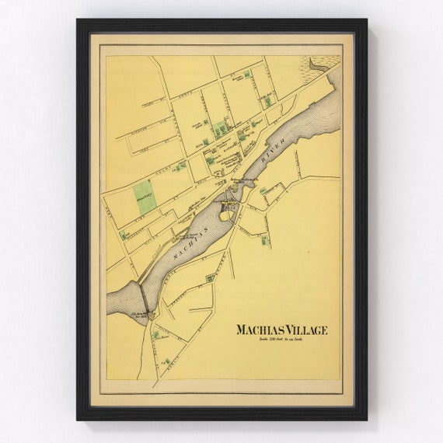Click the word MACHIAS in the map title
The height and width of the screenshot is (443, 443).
[x=259, y=330]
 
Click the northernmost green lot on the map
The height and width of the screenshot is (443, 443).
[x=247, y=74]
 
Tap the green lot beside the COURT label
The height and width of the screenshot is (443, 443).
[x=180, y=166]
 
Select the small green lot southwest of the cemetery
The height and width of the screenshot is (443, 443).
[x=124, y=235]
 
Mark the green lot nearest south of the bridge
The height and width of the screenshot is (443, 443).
[x=156, y=335]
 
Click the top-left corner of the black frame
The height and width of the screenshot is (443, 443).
[x=78, y=21]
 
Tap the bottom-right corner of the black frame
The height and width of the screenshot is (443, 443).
[x=365, y=419]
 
